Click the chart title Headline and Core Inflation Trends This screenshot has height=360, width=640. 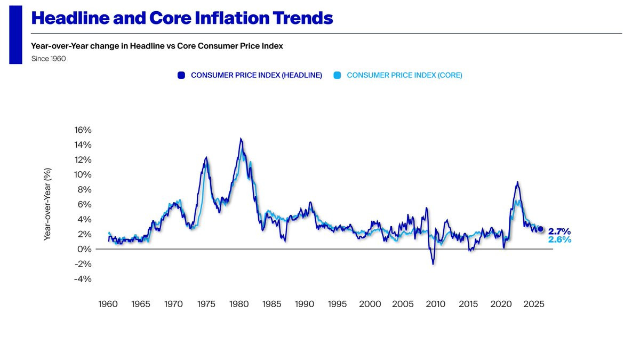(x=182, y=18)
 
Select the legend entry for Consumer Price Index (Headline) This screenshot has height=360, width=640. (x=256, y=75)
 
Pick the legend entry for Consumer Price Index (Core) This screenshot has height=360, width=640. (x=404, y=75)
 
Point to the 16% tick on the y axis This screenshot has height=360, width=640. (x=83, y=130)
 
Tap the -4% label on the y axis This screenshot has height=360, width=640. (x=83, y=279)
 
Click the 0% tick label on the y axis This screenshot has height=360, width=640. (x=85, y=249)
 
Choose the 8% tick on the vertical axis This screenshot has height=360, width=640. (x=85, y=189)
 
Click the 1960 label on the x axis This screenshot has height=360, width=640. (x=108, y=304)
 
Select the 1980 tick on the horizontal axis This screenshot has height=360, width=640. (x=239, y=304)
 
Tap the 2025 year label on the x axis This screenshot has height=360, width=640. (x=534, y=304)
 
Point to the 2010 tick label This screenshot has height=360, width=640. (x=436, y=304)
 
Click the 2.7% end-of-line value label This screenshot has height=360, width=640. (x=559, y=231)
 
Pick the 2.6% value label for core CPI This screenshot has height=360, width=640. (x=559, y=240)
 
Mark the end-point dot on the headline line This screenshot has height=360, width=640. (x=540, y=229)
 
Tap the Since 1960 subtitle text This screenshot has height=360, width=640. (x=49, y=59)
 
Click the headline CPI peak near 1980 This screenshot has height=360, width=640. (x=241, y=139)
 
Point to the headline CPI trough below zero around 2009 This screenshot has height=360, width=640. (x=433, y=264)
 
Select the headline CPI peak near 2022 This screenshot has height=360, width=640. (x=517, y=182)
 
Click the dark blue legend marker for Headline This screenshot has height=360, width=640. (x=181, y=75)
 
